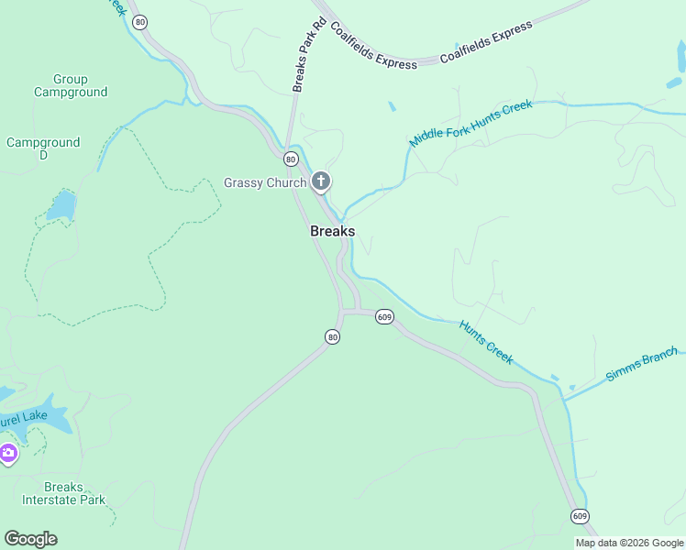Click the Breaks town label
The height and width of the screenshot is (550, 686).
(332, 231)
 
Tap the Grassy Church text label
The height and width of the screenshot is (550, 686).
(265, 182)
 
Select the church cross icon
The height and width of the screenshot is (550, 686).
(320, 181)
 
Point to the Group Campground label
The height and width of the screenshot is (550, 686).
(71, 85)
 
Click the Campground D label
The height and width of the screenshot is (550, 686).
(43, 148)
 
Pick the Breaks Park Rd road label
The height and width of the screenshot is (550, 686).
(310, 55)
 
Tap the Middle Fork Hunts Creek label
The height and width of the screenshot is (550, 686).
(470, 123)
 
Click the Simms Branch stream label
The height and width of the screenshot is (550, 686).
(642, 364)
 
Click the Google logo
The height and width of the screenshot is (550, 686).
(30, 539)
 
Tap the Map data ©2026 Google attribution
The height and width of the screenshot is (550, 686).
(629, 543)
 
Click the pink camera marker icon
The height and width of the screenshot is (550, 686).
(8, 453)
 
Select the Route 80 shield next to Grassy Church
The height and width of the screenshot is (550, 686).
(291, 159)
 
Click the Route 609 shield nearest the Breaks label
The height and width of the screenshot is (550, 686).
(384, 317)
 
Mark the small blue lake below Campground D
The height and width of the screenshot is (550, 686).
(61, 206)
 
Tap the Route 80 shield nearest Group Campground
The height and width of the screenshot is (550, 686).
(139, 22)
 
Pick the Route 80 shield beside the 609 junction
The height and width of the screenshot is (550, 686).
(332, 337)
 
